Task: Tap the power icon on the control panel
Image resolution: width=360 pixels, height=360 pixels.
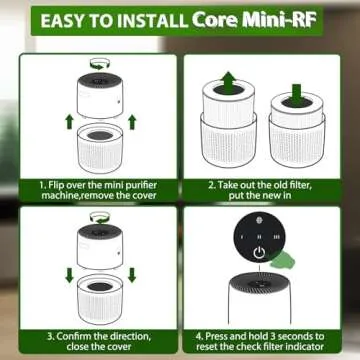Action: [259, 252]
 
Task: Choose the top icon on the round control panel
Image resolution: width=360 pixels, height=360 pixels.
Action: [259, 227]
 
